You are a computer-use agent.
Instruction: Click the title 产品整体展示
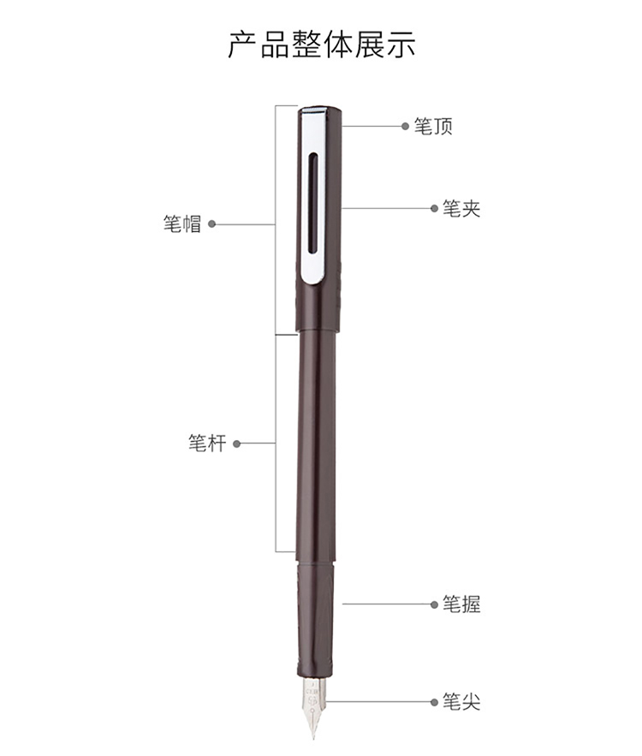point(322,45)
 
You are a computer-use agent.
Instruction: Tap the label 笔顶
point(433,127)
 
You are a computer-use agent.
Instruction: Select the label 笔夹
point(461,209)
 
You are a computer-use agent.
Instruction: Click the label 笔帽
point(181,224)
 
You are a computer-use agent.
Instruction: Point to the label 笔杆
point(207,443)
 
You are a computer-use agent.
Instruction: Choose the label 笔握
point(461,604)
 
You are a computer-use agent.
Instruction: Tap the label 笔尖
point(461,701)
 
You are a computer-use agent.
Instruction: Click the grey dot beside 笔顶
point(405,127)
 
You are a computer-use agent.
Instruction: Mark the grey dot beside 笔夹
point(434,208)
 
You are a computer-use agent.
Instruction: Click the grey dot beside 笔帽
point(211,223)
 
